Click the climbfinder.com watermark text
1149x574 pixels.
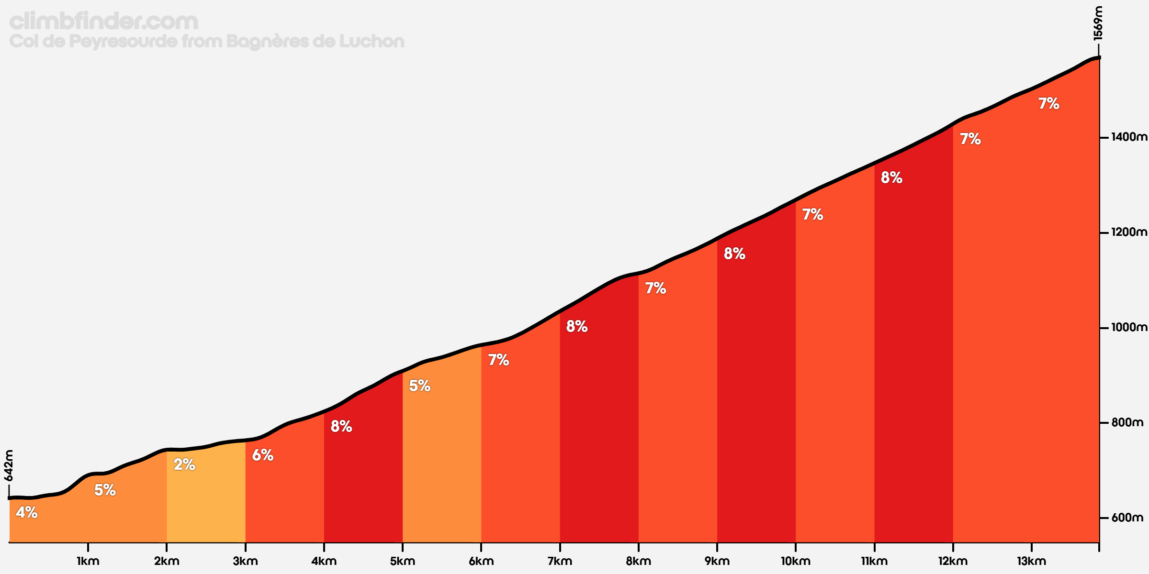click(x=104, y=21)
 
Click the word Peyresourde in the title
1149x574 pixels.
click(x=123, y=42)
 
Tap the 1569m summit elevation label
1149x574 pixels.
click(x=1098, y=23)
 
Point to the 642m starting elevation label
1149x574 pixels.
click(x=9, y=465)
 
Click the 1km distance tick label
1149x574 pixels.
click(x=88, y=561)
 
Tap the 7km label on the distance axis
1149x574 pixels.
click(x=560, y=561)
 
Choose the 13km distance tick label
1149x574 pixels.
click(x=1031, y=561)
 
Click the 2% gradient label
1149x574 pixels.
click(x=184, y=464)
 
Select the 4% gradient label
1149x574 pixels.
click(x=27, y=512)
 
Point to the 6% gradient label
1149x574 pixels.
click(x=263, y=455)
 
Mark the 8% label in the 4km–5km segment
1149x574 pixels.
click(x=341, y=426)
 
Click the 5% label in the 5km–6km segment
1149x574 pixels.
click(x=420, y=386)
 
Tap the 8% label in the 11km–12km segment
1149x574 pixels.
click(x=891, y=177)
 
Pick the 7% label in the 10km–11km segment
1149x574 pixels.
click(x=813, y=214)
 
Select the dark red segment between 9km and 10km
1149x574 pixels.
click(x=756, y=383)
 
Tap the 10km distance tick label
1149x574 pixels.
click(x=796, y=561)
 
